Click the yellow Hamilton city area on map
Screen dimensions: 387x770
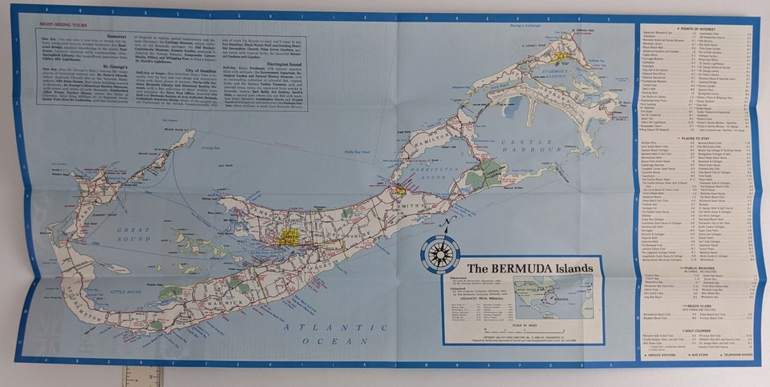(288, 236)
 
